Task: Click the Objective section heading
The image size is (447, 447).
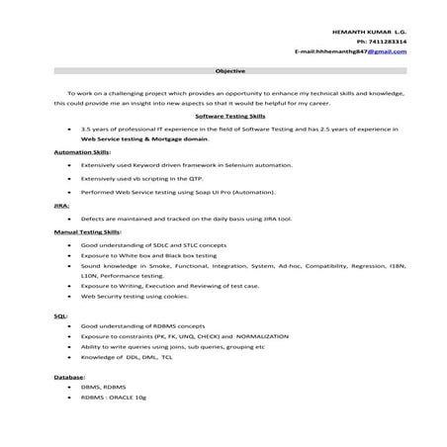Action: coord(229,71)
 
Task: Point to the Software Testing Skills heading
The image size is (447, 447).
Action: coord(229,115)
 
